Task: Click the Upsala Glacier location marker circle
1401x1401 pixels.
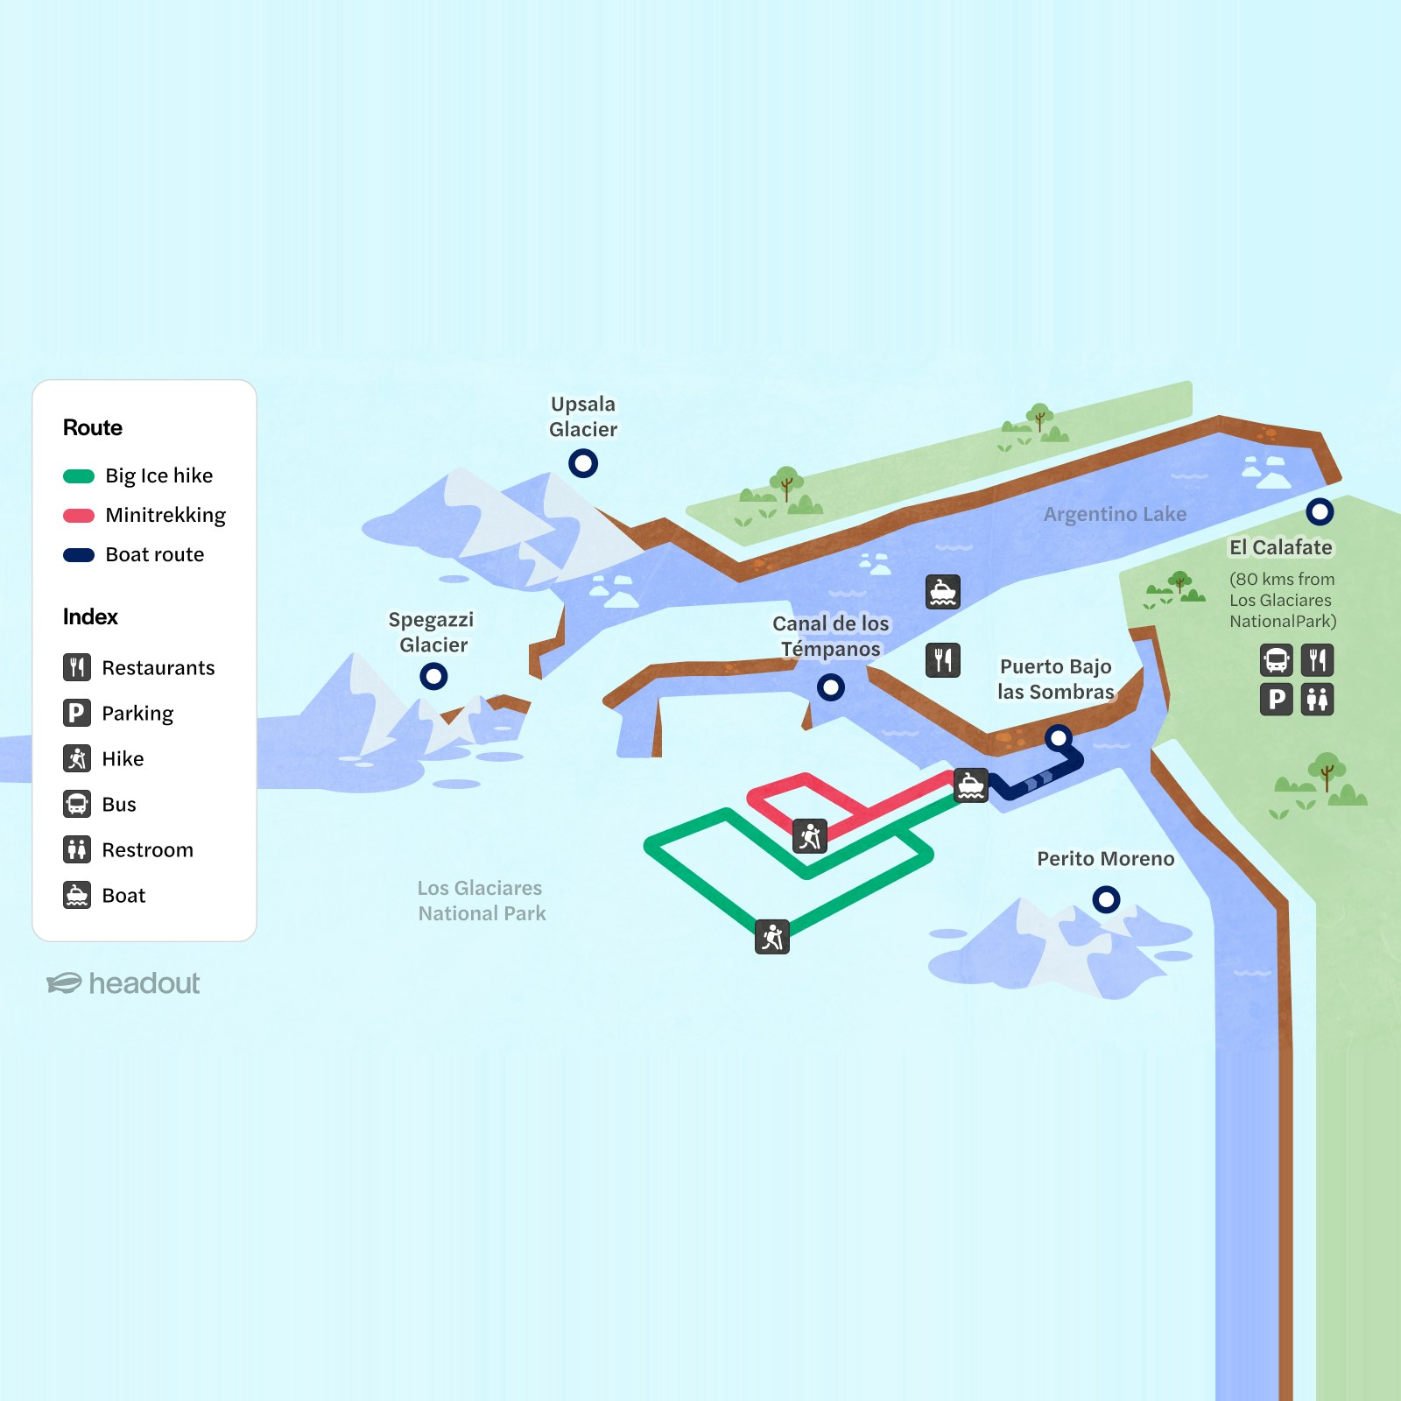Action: pyautogui.click(x=583, y=462)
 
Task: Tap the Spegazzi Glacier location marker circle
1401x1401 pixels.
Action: pyautogui.click(x=433, y=676)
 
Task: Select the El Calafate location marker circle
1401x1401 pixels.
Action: pyautogui.click(x=1320, y=511)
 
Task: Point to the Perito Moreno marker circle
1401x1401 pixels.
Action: pyautogui.click(x=1106, y=899)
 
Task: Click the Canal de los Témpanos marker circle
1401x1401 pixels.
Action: pyautogui.click(x=830, y=687)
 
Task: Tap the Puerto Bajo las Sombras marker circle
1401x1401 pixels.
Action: pyautogui.click(x=1059, y=738)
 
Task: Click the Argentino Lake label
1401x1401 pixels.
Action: pyautogui.click(x=1115, y=514)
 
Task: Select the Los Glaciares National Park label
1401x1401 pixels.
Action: pyautogui.click(x=481, y=900)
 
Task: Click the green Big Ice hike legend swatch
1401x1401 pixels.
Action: pyautogui.click(x=79, y=476)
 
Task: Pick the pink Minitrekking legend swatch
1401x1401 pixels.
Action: pyautogui.click(x=79, y=516)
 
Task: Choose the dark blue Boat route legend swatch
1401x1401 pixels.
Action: pyautogui.click(x=79, y=555)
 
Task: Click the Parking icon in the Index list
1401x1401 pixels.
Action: pyautogui.click(x=77, y=713)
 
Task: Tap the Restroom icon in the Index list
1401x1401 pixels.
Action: pyautogui.click(x=77, y=849)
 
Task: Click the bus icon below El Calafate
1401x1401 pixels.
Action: pyautogui.click(x=1277, y=659)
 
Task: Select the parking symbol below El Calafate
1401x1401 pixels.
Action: pyautogui.click(x=1277, y=700)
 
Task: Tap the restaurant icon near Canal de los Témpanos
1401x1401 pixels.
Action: pyautogui.click(x=943, y=659)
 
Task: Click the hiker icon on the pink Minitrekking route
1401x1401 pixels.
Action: pyautogui.click(x=810, y=836)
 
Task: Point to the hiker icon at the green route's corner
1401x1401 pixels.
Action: pyautogui.click(x=772, y=937)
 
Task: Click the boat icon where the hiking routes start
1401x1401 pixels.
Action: pyautogui.click(x=971, y=785)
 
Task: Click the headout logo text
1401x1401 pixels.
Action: pyautogui.click(x=144, y=983)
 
